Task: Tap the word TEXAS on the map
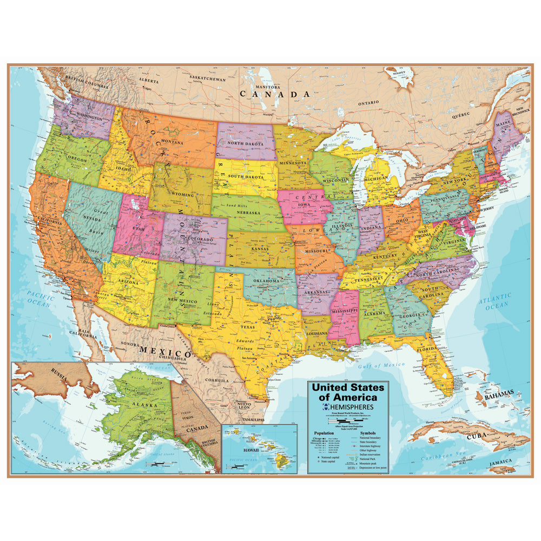coord(247,327)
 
